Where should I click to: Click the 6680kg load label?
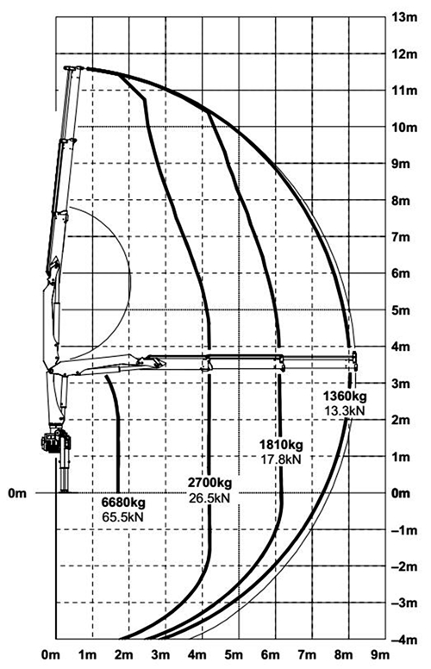pyautogui.click(x=123, y=502)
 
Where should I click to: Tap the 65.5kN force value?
pyautogui.click(x=123, y=516)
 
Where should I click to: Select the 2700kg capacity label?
pyautogui.click(x=210, y=483)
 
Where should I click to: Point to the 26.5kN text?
pyautogui.click(x=209, y=497)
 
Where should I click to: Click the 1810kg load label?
pyautogui.click(x=281, y=445)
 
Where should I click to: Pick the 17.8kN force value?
pyautogui.click(x=281, y=460)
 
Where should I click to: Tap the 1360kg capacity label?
pyautogui.click(x=345, y=396)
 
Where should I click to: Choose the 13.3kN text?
pyautogui.click(x=345, y=410)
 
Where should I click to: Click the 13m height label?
pyautogui.click(x=404, y=17)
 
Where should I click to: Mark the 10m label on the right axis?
pyautogui.click(x=404, y=127)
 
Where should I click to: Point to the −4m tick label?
pyautogui.click(x=404, y=640)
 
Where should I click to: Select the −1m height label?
pyautogui.click(x=404, y=530)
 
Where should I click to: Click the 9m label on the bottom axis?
pyautogui.click(x=380, y=654)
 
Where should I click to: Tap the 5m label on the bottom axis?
pyautogui.click(x=234, y=654)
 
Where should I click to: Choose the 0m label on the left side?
pyautogui.click(x=17, y=493)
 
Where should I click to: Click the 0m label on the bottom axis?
pyautogui.click(x=51, y=654)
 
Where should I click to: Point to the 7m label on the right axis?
pyautogui.click(x=401, y=237)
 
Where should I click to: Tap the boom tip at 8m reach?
pyautogui.click(x=354, y=361)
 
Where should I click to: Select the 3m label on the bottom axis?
pyautogui.click(x=160, y=654)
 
